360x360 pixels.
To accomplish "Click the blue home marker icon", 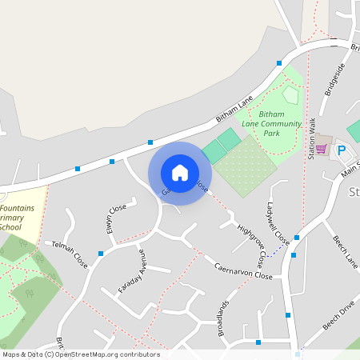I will pos(180,172).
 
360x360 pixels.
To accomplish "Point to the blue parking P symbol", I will pos(342,150).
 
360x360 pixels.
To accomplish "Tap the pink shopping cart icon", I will pos(322,149).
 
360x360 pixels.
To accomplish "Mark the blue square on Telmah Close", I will pos(101,253).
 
